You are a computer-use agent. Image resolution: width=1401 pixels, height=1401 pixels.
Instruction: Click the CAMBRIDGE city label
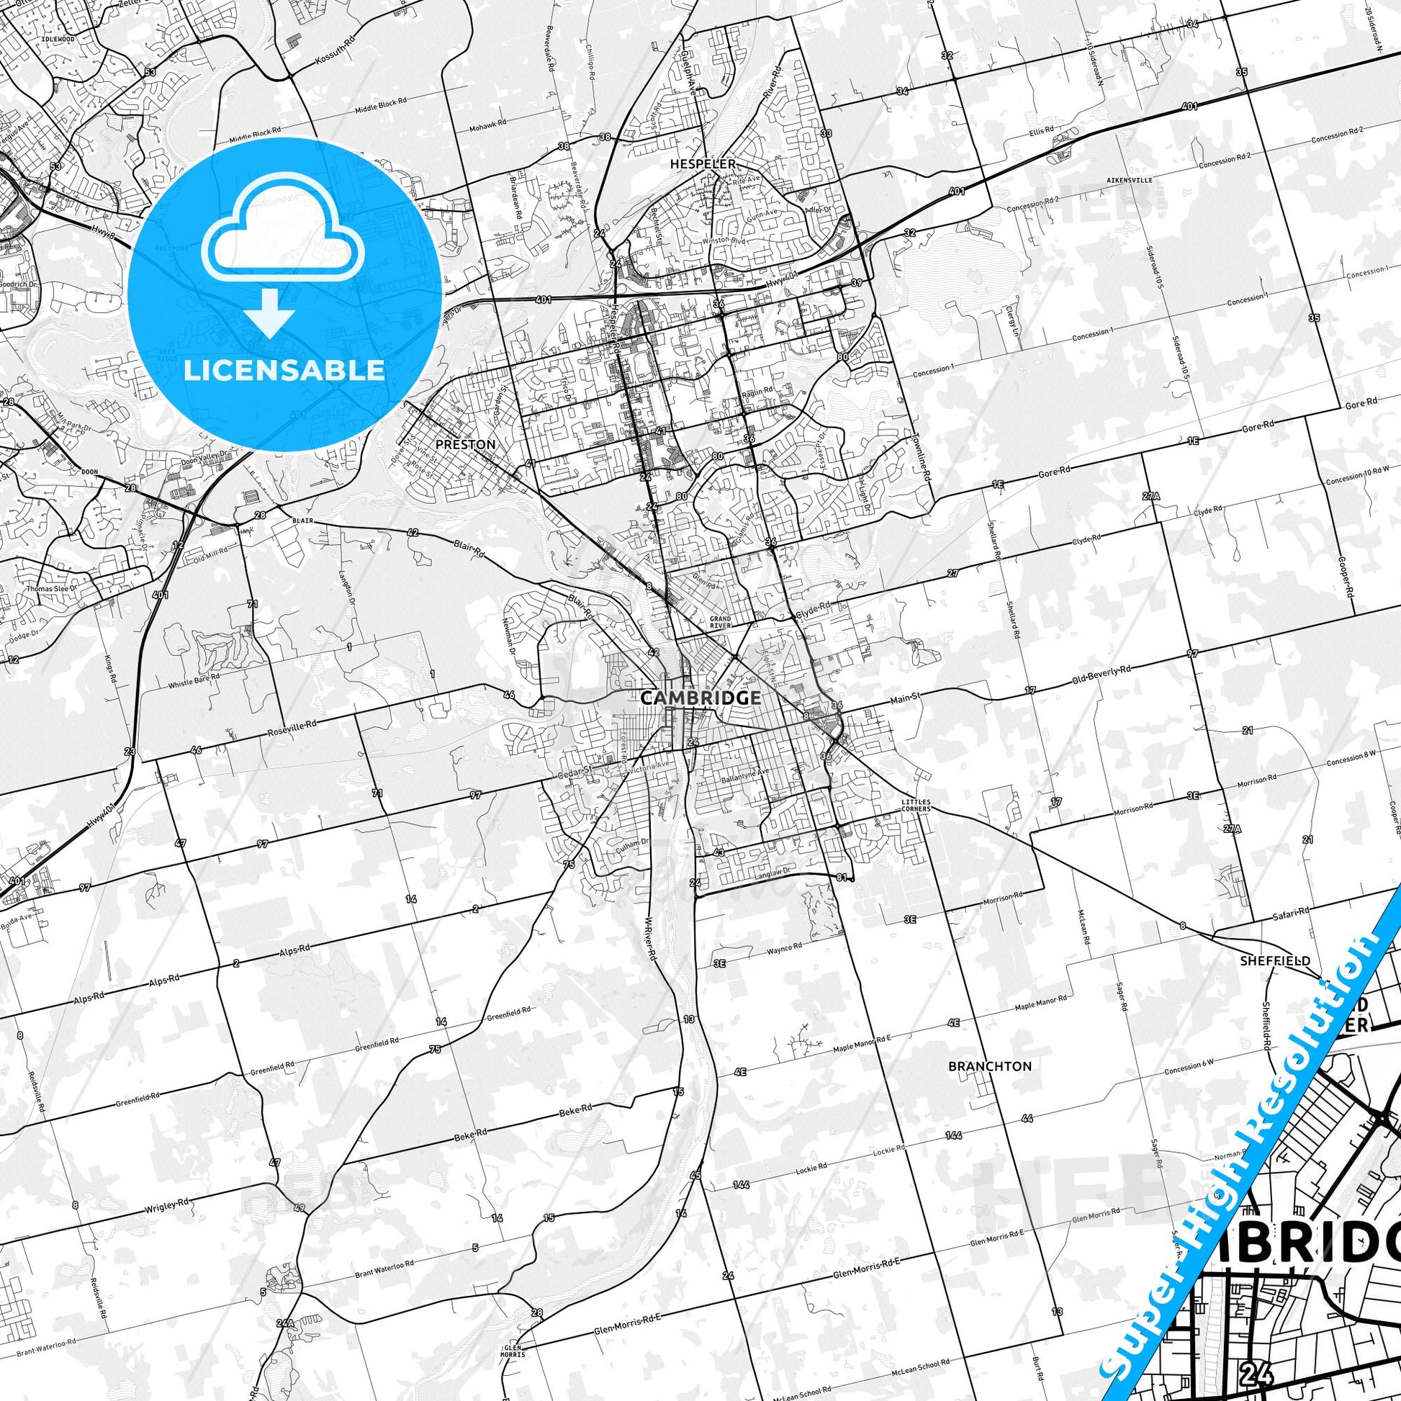(700, 698)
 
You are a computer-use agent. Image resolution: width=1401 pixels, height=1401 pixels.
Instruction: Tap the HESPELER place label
(703, 164)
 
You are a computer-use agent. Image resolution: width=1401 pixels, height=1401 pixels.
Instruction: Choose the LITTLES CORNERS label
(915, 804)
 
